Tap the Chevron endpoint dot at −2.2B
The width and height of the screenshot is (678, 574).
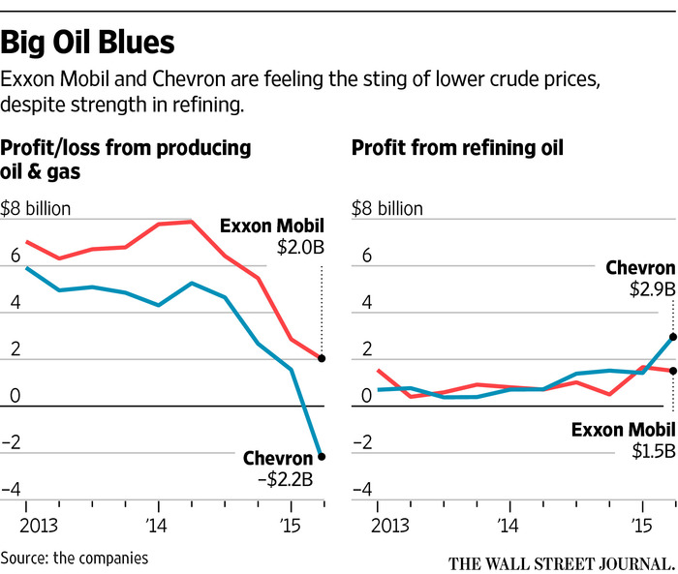(322, 456)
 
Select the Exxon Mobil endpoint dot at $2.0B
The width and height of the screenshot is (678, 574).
(322, 358)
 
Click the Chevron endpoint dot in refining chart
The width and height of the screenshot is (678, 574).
(672, 337)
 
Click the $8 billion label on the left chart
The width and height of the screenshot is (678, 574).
(37, 208)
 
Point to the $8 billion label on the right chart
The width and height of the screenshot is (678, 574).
(387, 208)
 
